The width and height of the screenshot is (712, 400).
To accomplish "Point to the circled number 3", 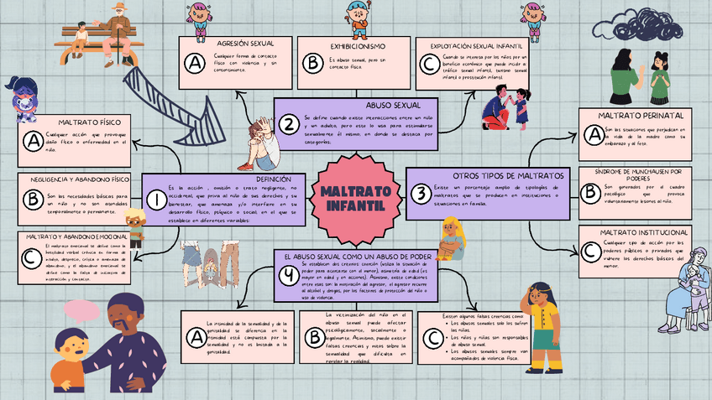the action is coord(420,193).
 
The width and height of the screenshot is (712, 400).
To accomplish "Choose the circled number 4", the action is coord(289,275).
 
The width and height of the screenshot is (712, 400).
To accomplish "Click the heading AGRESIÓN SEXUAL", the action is coord(238,43).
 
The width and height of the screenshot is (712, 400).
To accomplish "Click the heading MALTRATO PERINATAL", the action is coord(639,115).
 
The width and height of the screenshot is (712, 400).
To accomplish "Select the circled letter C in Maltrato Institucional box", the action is coord(590,250).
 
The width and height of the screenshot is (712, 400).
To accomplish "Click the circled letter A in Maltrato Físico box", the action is coord(34,143).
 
